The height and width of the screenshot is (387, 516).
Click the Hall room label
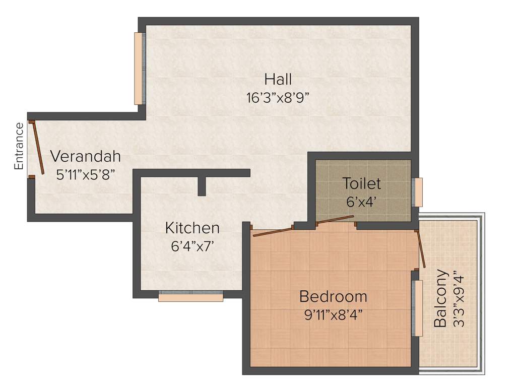click(x=278, y=80)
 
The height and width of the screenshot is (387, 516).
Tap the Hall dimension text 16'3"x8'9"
click(x=277, y=98)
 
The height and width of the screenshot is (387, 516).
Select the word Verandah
click(x=85, y=156)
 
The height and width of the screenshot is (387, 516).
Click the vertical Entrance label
click(x=19, y=146)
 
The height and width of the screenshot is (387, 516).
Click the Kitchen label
click(x=192, y=228)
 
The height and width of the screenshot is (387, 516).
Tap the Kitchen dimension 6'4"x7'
click(x=193, y=246)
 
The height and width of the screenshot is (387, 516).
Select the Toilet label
click(x=361, y=183)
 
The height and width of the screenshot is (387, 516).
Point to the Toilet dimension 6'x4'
click(x=362, y=202)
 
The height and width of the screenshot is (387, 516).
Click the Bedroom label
click(x=333, y=296)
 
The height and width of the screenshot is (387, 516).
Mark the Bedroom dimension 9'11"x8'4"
click(x=333, y=315)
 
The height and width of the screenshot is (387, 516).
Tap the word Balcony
click(x=441, y=298)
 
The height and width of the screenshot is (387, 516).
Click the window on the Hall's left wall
click(x=139, y=69)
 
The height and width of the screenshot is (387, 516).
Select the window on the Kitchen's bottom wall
click(x=190, y=297)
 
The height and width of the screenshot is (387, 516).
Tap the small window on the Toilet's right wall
click(x=418, y=192)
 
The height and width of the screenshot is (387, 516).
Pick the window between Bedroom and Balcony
click(x=417, y=308)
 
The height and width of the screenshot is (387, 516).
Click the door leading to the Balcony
click(x=421, y=249)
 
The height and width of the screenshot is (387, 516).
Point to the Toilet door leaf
click(x=334, y=219)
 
